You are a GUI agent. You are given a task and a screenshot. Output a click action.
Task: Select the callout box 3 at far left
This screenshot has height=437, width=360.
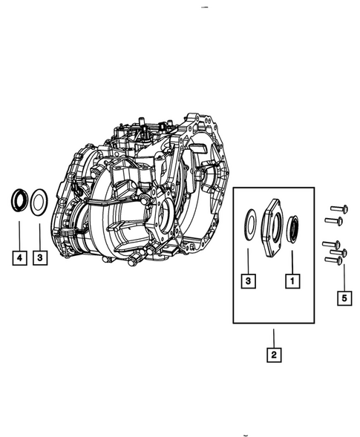point(42,257)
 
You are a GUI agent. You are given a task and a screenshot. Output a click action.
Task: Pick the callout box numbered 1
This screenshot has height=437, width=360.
point(293,280)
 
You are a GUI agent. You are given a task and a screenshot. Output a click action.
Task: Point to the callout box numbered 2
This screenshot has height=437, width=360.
point(274,355)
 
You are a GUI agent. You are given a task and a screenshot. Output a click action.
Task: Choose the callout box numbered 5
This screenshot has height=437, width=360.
point(343,299)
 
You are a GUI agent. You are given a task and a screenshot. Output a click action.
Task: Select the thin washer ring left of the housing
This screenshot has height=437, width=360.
point(42,200)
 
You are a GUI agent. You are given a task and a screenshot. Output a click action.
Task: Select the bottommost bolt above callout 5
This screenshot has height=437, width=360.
point(336,260)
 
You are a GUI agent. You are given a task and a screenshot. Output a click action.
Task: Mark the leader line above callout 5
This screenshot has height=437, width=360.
point(343,277)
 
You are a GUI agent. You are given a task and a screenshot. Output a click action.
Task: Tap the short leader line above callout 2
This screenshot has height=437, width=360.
point(274,337)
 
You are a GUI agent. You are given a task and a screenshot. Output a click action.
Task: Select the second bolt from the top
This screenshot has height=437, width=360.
point(334,220)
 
